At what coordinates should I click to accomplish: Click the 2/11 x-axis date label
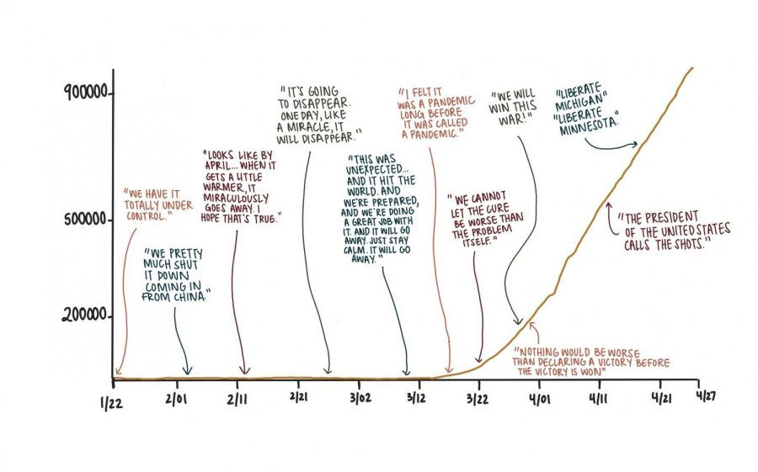click(238, 397)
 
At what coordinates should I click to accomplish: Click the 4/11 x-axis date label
click(600, 397)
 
